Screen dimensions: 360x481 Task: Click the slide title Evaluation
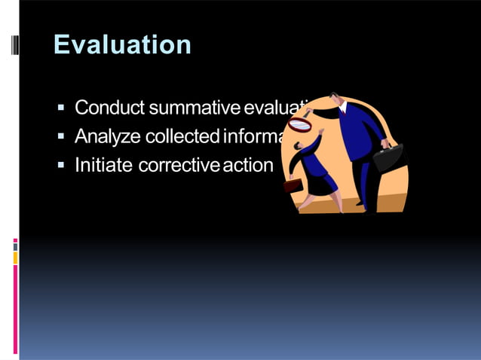coord(122,44)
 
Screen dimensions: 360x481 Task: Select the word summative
coord(194,108)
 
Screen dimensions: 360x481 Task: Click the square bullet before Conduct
coord(62,108)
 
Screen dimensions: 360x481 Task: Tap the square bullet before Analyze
coord(62,137)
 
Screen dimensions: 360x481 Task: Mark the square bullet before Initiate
coord(62,166)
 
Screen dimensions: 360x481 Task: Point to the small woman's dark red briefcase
coord(292,183)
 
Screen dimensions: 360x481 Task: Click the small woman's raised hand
coord(322,132)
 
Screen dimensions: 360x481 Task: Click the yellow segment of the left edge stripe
coord(15,258)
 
